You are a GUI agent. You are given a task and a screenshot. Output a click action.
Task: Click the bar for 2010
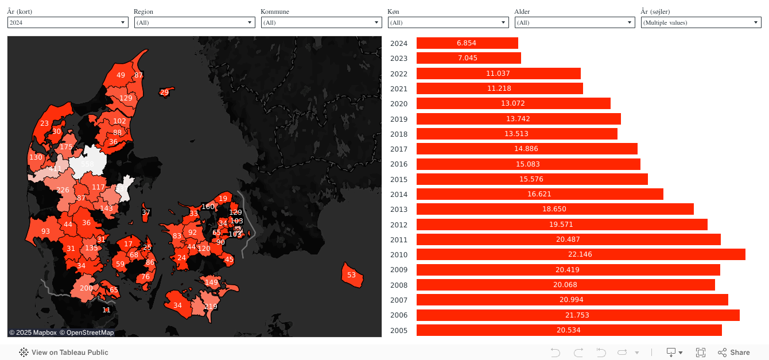point(581,254)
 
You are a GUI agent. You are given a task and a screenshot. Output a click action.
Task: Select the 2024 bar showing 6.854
point(467,43)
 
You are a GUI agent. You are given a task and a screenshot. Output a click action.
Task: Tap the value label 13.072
point(512,103)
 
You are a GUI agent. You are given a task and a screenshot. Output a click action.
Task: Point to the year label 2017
point(399,149)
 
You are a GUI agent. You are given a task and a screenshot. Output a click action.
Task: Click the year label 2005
point(399,330)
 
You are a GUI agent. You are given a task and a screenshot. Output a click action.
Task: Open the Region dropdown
point(195,22)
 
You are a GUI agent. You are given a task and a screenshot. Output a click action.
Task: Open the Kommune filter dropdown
point(321,22)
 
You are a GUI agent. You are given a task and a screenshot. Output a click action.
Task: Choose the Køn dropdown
point(448,22)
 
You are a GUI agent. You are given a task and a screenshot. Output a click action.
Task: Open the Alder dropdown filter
point(574,22)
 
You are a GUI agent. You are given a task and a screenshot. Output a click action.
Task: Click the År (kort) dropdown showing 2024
point(68,22)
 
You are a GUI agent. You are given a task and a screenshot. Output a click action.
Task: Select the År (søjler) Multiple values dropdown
point(701,22)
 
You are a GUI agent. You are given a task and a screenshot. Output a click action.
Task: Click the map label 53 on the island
point(351,275)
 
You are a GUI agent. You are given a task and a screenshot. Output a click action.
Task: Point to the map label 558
point(87,164)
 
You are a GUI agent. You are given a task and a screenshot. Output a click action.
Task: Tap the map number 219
point(211,307)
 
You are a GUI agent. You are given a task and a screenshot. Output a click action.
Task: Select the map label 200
point(86,288)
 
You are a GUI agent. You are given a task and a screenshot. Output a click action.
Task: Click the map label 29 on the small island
point(165,92)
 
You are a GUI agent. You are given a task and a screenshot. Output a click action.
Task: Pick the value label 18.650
point(554,209)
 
